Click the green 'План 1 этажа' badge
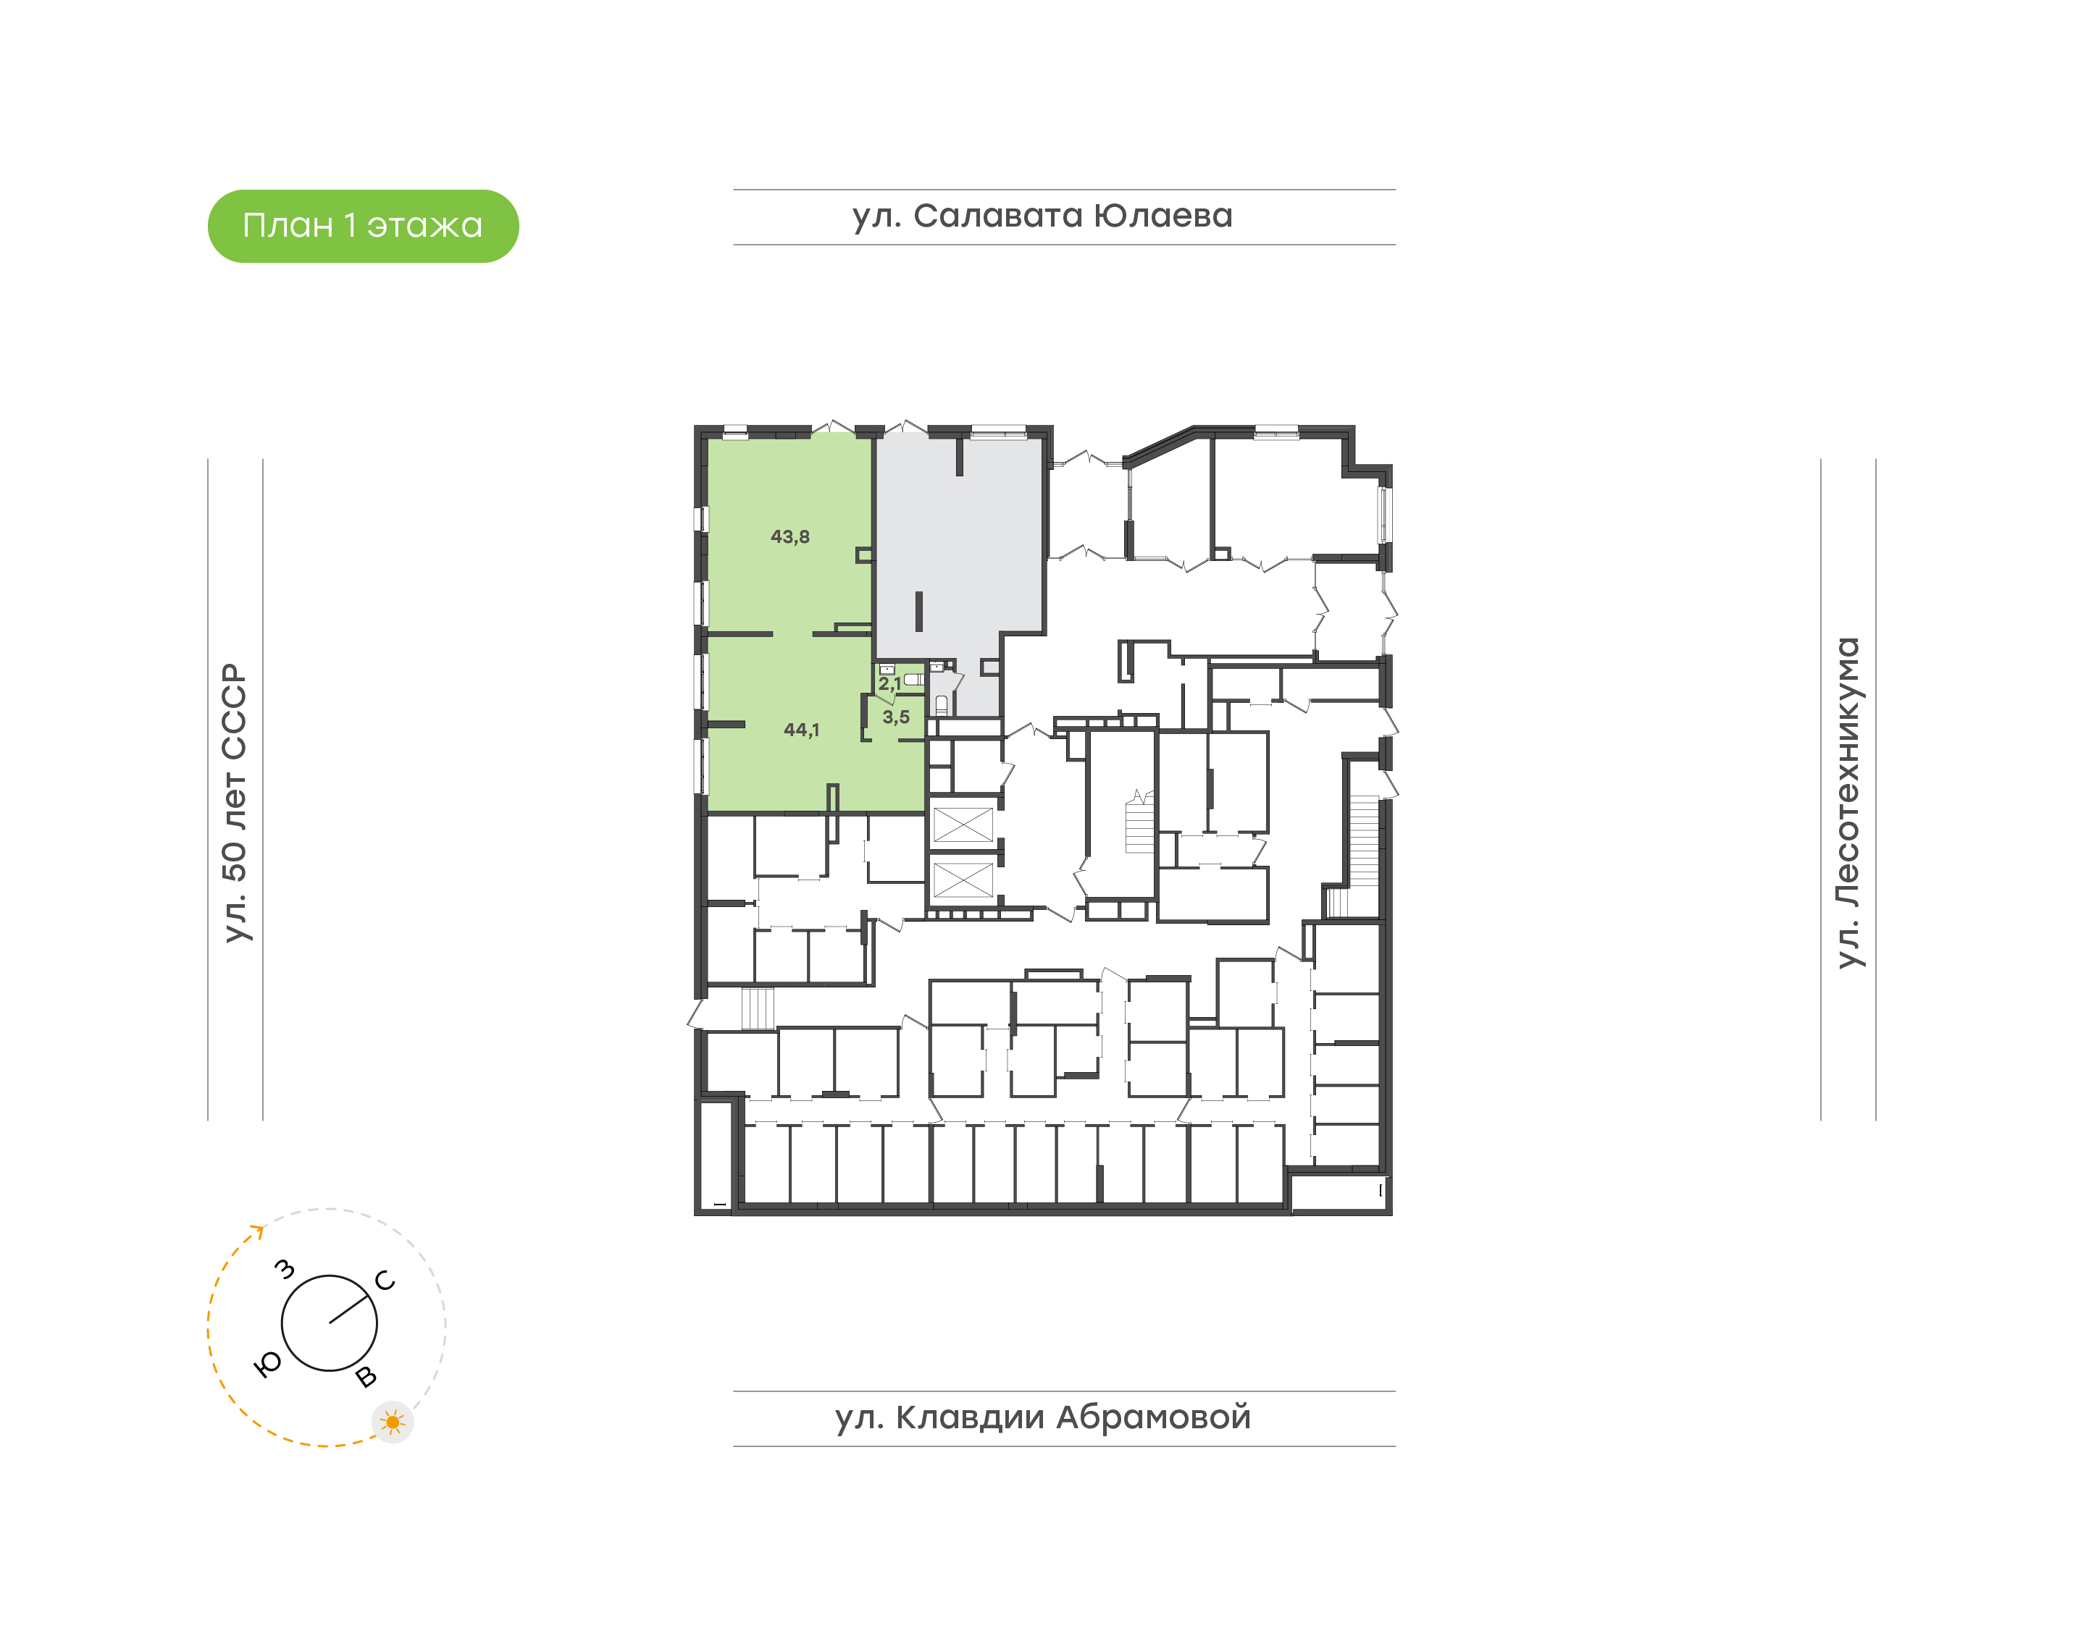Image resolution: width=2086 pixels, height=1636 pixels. tap(363, 226)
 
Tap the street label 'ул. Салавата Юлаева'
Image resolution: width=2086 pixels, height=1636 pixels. tap(1042, 216)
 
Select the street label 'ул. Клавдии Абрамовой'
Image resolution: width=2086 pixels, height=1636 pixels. tap(1042, 1417)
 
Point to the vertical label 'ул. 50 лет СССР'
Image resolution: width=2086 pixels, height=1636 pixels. tap(235, 803)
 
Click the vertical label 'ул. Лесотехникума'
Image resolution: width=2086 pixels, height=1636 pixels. tap(1848, 803)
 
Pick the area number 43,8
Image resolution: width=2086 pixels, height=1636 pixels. tap(790, 537)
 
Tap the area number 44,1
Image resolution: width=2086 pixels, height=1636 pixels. tap(802, 730)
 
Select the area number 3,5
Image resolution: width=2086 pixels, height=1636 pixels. tap(896, 717)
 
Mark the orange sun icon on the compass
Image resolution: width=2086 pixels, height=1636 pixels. tap(393, 1422)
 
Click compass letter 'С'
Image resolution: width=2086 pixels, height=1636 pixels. tap(385, 1281)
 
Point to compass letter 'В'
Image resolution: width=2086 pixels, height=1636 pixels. tap(366, 1378)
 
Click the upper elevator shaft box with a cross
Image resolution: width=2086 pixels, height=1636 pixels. tap(963, 825)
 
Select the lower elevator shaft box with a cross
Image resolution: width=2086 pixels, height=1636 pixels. tap(963, 880)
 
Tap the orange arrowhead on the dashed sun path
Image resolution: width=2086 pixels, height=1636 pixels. tap(257, 1231)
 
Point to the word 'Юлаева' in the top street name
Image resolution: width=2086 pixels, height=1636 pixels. tap(1163, 216)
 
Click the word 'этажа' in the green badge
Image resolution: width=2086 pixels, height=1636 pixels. tap(425, 226)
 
